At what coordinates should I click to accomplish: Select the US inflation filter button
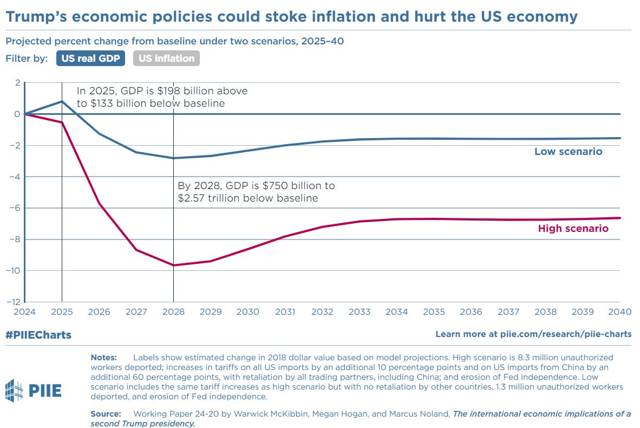pyautogui.click(x=166, y=59)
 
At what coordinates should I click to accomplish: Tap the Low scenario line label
pyautogui.click(x=568, y=152)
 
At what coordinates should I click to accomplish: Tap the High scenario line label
pyautogui.click(x=573, y=229)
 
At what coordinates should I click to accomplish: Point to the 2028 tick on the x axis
pyautogui.click(x=173, y=312)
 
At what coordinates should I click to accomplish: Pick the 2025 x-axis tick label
pyautogui.click(x=62, y=312)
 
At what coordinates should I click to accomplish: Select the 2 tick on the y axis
pyautogui.click(x=17, y=83)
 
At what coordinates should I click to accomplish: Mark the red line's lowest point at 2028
pyautogui.click(x=173, y=265)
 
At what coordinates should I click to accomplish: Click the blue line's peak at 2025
pyautogui.click(x=62, y=101)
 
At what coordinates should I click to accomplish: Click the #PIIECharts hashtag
pyautogui.click(x=38, y=335)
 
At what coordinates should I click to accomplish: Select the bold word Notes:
pyautogui.click(x=104, y=358)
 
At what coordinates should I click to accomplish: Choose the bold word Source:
pyautogui.click(x=106, y=414)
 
